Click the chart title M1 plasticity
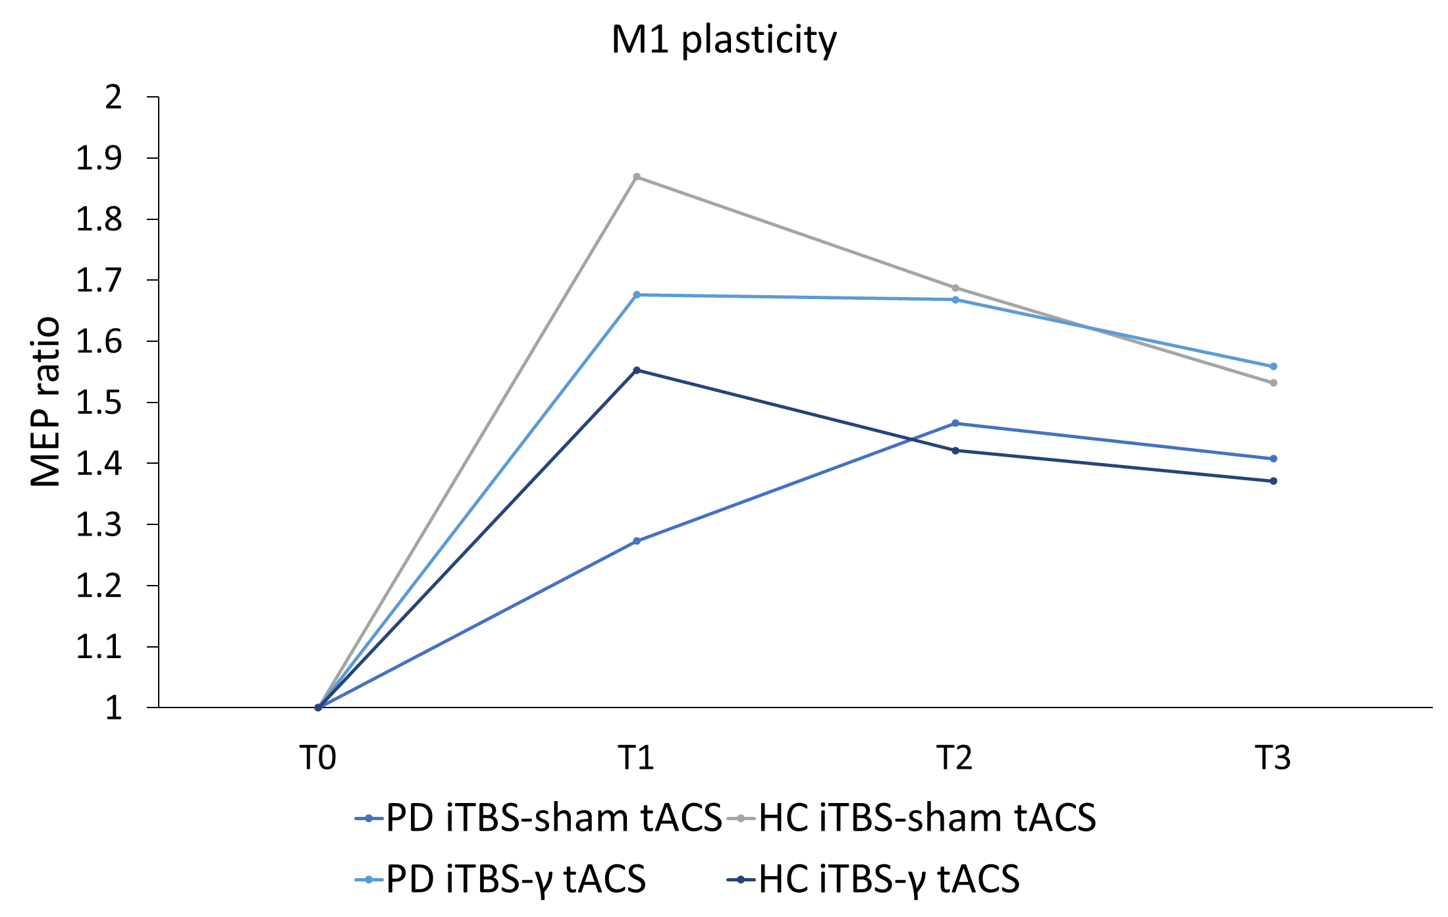click(x=724, y=40)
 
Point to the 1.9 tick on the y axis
click(x=99, y=158)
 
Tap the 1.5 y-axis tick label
click(x=99, y=403)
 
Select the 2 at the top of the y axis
click(x=113, y=97)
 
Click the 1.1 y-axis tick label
click(x=99, y=647)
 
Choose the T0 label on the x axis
click(x=318, y=758)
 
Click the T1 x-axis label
click(x=636, y=758)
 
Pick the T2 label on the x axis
click(x=955, y=758)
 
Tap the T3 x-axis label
click(x=1273, y=758)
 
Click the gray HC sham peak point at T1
click(x=637, y=177)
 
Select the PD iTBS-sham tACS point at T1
click(x=637, y=541)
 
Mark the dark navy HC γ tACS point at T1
click(x=637, y=370)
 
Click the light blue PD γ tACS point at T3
click(x=1274, y=366)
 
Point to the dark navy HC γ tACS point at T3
click(x=1274, y=481)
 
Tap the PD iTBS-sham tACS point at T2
click(x=955, y=423)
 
